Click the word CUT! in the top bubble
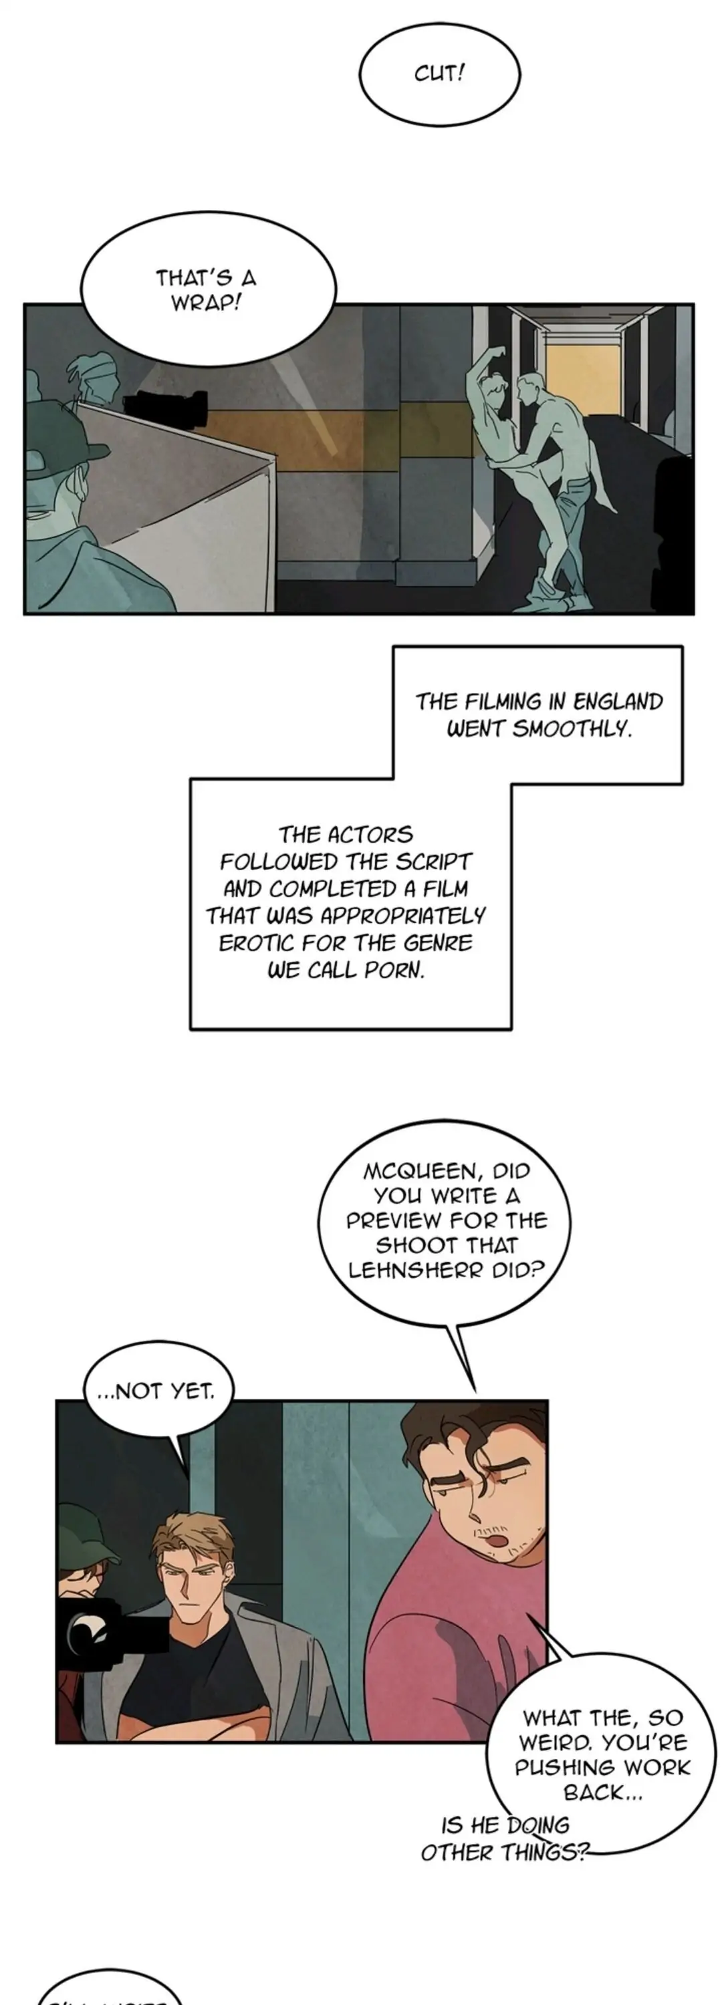[439, 74]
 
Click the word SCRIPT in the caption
[434, 862]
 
